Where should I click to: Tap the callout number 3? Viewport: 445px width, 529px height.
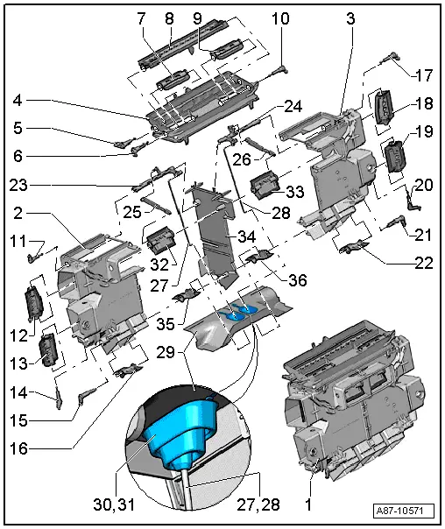(350, 18)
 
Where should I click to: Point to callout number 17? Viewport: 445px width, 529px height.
(424, 74)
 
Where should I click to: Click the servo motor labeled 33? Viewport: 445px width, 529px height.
(265, 187)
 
